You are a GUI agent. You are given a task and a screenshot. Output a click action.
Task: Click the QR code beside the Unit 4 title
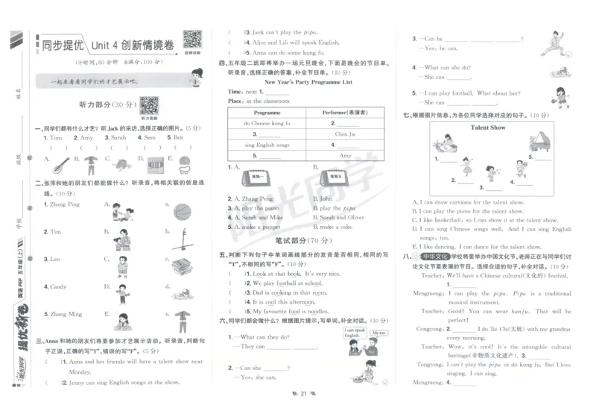192,40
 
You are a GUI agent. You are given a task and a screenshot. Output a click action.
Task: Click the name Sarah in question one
118,138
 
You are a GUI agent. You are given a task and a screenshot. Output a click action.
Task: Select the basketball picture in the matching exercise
183,212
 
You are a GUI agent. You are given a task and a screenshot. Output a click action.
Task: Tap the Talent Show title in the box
488,128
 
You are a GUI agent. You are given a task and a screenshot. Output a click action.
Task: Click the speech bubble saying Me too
378,333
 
